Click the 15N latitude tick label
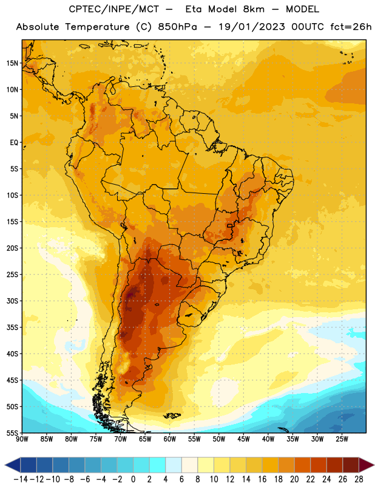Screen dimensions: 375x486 [12, 63]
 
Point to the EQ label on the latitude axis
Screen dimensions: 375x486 [14, 143]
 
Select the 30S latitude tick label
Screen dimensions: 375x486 [12, 301]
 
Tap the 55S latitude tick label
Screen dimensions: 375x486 [12, 433]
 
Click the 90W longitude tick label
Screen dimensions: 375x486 [22, 439]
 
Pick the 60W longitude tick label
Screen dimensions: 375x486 [170, 439]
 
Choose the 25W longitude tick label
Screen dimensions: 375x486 [342, 439]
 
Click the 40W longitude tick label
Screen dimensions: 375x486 [268, 439]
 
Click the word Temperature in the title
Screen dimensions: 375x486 [97, 27]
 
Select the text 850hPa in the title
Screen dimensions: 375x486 [177, 27]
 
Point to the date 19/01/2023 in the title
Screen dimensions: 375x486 [252, 27]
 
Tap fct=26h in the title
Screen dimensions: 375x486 [351, 27]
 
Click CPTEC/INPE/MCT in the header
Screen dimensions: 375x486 [113, 9]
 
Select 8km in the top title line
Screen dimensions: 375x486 [254, 9]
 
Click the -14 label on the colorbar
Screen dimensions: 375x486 [21, 479]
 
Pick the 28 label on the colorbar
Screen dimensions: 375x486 [359, 479]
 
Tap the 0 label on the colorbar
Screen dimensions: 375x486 [133, 479]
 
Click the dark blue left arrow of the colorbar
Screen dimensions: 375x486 [13, 465]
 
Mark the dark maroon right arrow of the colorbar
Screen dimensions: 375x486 [367, 465]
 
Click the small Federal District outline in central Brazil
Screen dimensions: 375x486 [230, 225]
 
